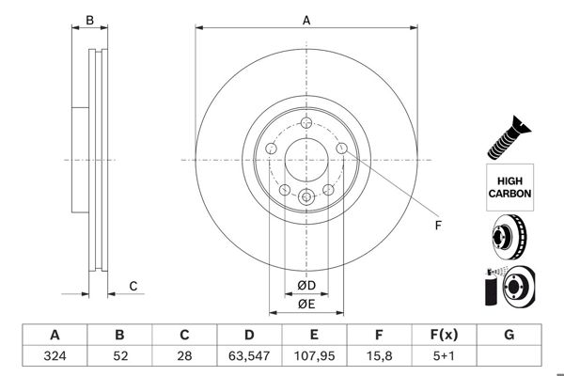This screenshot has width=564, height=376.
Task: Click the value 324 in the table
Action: click(55, 355)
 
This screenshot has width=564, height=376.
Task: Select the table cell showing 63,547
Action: click(250, 355)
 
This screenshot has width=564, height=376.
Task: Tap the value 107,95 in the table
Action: click(315, 355)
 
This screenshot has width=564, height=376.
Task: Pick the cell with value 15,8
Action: click(379, 355)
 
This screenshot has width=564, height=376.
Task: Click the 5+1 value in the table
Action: click(444, 355)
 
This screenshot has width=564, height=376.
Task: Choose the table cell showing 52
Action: click(119, 355)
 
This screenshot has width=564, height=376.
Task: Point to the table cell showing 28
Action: click(185, 355)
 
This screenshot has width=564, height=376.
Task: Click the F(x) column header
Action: click(444, 335)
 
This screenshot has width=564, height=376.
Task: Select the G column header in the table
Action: click(509, 335)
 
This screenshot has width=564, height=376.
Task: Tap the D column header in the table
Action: click(250, 335)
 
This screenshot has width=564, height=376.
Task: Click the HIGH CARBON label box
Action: click(509, 185)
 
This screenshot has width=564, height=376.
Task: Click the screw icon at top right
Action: click(509, 136)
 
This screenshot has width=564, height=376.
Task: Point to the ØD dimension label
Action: click(306, 285)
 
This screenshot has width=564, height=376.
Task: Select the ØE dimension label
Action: click(306, 304)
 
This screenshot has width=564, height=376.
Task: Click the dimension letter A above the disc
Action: click(306, 19)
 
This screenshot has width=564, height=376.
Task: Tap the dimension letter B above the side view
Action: click(90, 20)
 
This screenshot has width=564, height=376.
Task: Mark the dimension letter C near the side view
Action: click(133, 286)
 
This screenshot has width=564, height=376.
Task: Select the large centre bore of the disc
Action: click(306, 159)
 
